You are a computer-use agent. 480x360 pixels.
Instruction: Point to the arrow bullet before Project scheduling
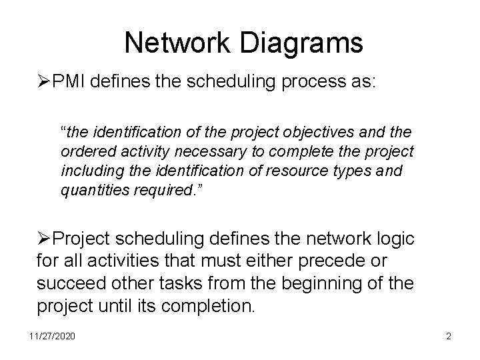click(x=44, y=239)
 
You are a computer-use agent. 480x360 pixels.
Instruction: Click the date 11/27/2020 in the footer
click(x=52, y=337)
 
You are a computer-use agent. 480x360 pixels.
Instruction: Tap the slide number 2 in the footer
click(x=449, y=337)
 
